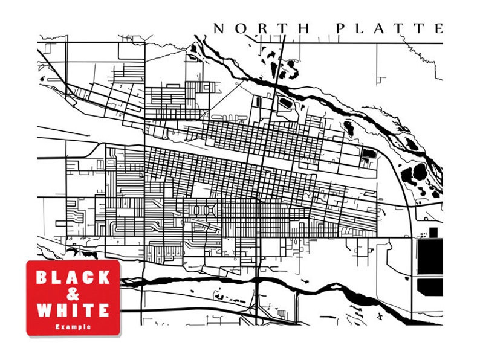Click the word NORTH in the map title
[x=262, y=28]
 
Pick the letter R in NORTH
[x=262, y=28]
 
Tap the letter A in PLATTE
[x=378, y=28]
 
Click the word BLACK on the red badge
[x=73, y=278]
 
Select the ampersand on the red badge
[x=73, y=294]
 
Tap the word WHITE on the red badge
[x=73, y=310]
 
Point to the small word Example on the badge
[x=73, y=326]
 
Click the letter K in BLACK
[x=104, y=278]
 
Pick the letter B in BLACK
[x=42, y=278]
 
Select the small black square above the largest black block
[x=433, y=231]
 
